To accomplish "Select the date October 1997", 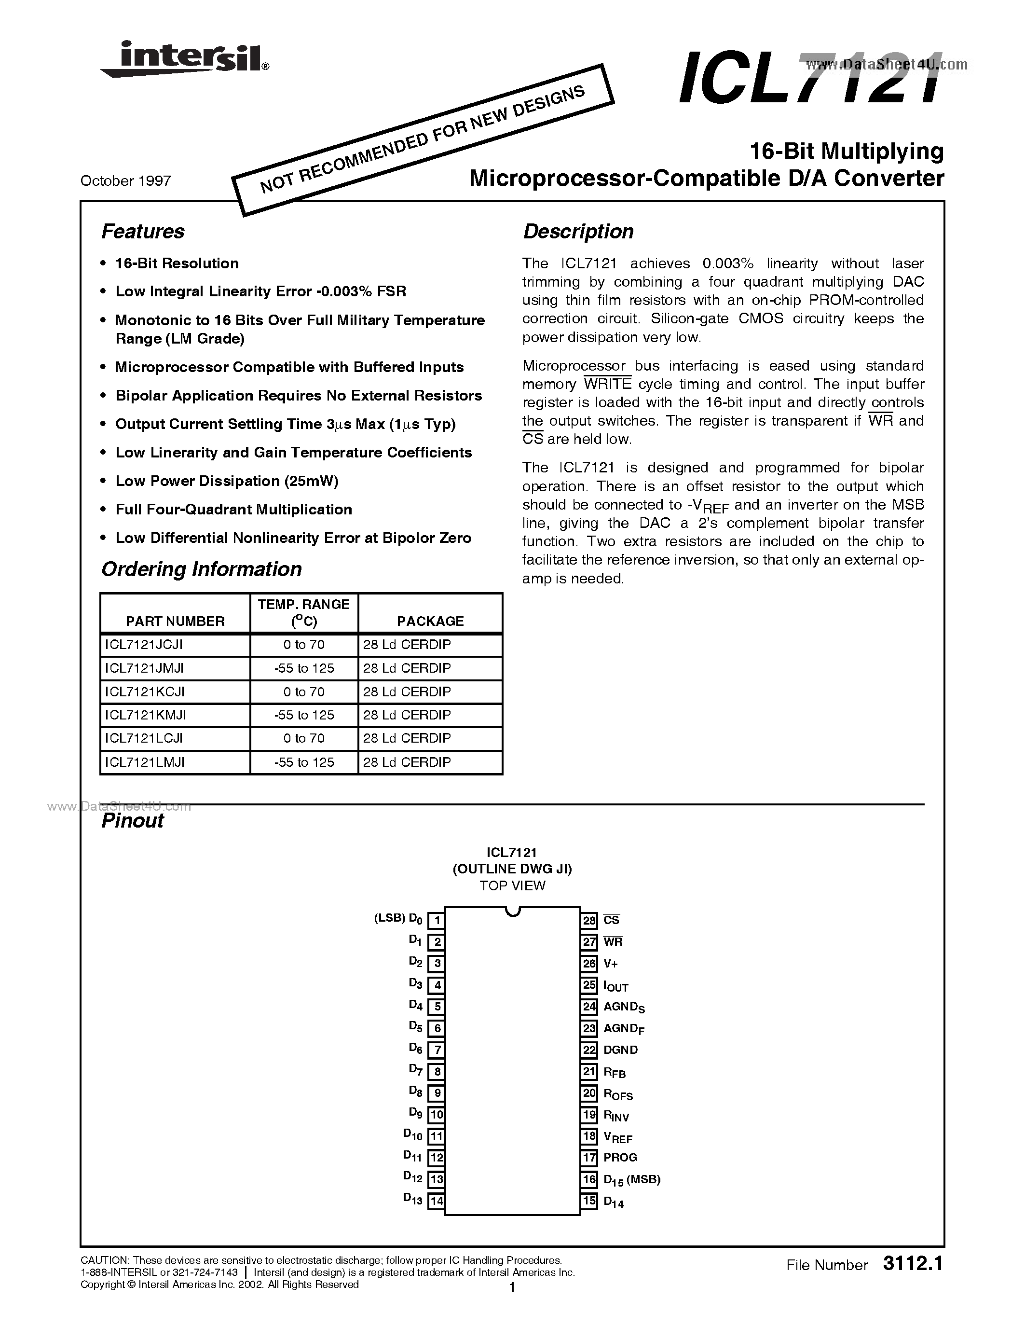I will click(126, 180).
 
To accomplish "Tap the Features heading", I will click(143, 232).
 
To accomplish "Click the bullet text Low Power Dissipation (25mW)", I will click(227, 481).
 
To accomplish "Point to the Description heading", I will click(578, 232).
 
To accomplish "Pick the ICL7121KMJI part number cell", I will click(146, 715).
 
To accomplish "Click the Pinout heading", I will click(132, 821).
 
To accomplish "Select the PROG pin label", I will click(620, 1158).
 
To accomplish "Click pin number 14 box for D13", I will click(436, 1201).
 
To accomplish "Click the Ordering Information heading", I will click(201, 569).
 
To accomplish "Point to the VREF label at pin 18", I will click(617, 1137).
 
